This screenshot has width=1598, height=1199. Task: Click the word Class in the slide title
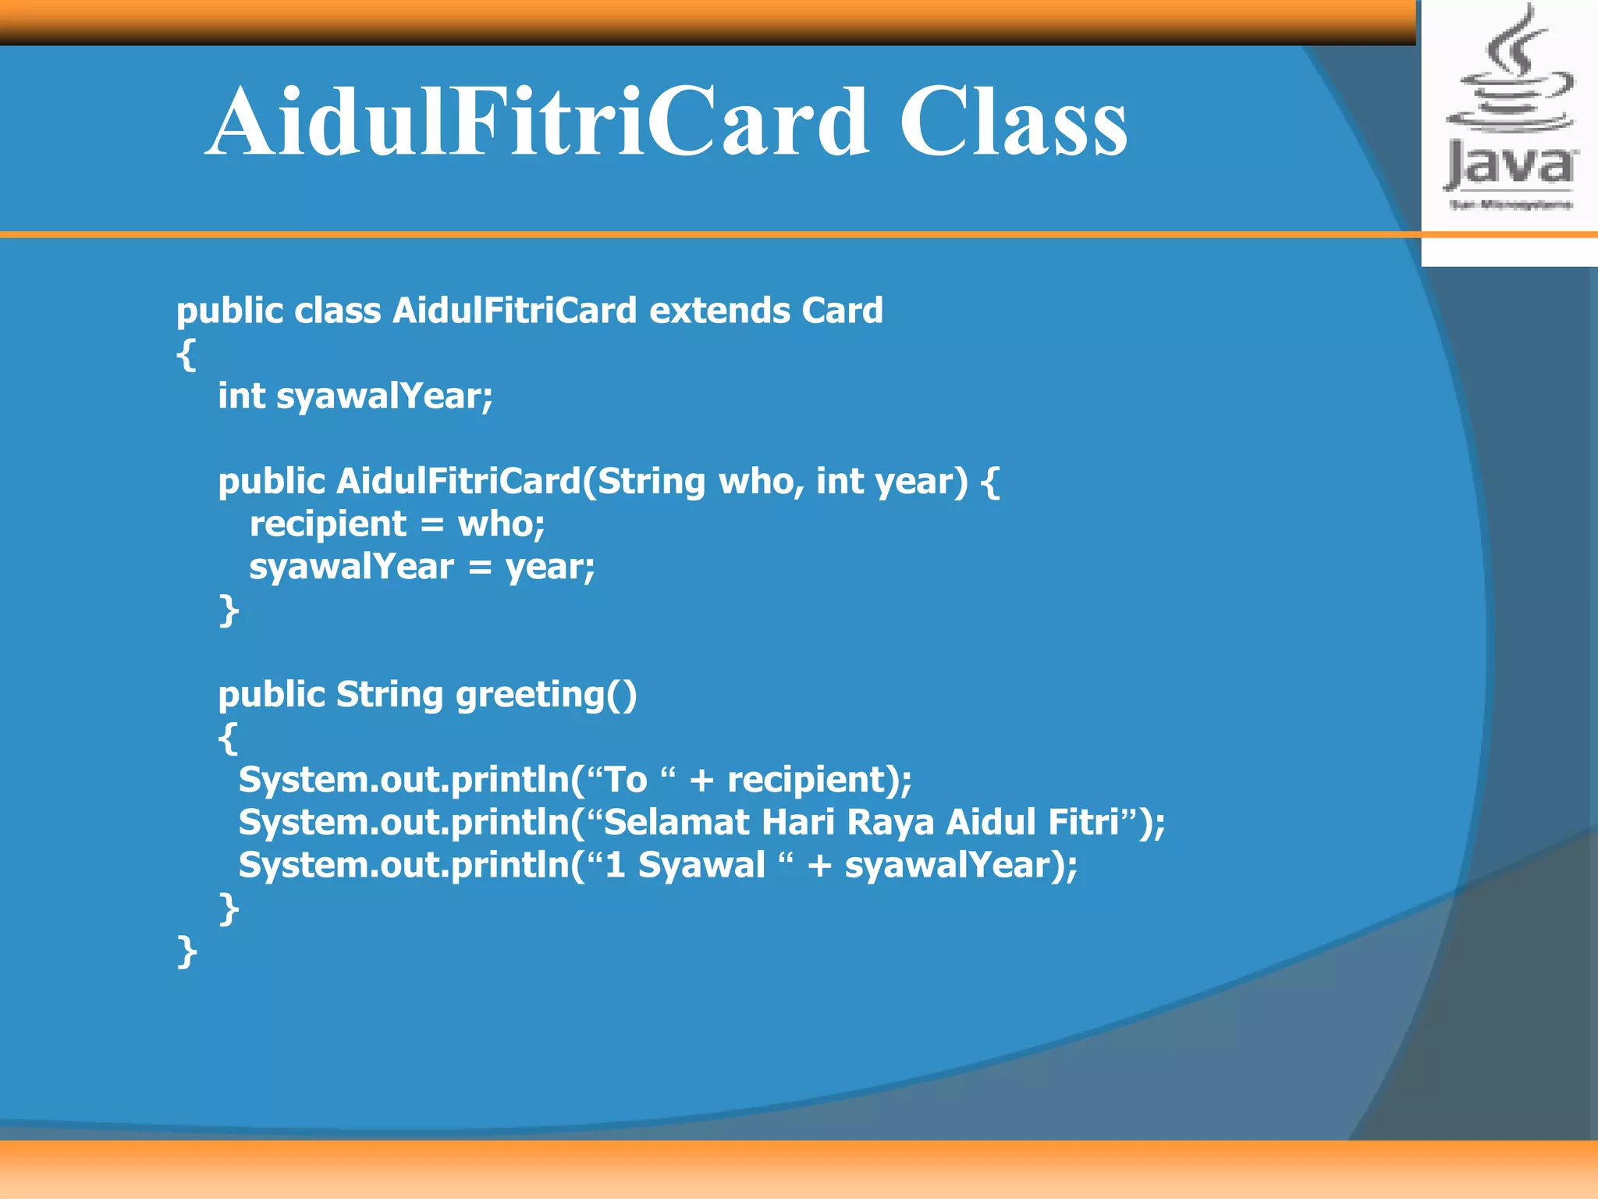point(1013,123)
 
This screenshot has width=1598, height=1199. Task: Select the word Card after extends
point(842,311)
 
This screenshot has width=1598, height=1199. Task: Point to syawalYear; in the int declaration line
point(384,397)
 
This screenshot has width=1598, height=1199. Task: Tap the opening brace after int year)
point(989,481)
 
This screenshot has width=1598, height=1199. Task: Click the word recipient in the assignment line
point(328,525)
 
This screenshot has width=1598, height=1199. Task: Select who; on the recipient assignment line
point(501,524)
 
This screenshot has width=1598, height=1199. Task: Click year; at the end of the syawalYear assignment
point(550,567)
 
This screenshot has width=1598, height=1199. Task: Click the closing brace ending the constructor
point(228,610)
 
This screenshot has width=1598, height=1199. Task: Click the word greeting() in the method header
point(545,695)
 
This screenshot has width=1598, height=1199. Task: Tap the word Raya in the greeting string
point(890,822)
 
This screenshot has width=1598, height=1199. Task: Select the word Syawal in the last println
point(701,865)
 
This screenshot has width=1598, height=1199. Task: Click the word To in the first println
point(626,780)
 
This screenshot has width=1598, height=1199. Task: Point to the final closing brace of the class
point(186,952)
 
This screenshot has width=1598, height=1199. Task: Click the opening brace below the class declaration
point(186,355)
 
